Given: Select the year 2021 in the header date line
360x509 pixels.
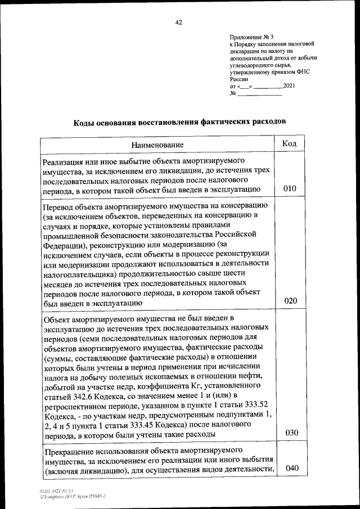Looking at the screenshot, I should tap(288, 86).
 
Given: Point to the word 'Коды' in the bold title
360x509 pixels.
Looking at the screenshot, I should tap(87, 121).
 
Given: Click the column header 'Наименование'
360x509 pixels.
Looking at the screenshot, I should tap(157, 145).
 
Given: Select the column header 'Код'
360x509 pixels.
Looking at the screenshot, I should tap(289, 143).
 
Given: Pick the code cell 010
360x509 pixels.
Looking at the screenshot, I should tap(290, 188).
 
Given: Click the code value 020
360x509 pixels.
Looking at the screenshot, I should tap(290, 301).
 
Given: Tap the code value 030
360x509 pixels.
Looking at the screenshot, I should tap(290, 433).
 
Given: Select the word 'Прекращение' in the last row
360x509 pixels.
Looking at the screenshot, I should tap(69, 451).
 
